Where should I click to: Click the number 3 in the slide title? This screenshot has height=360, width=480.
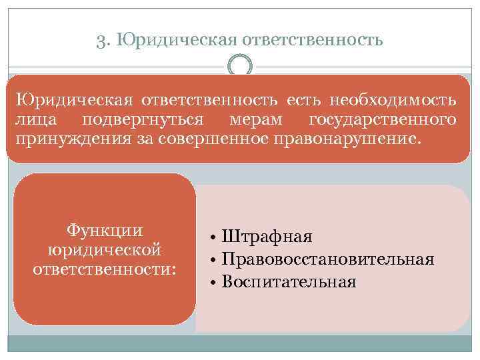[101, 41]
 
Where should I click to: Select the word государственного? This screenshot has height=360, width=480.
[383, 121]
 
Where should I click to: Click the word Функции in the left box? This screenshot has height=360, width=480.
[105, 231]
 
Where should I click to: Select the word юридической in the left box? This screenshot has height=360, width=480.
[105, 250]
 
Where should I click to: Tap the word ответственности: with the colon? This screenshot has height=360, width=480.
[105, 269]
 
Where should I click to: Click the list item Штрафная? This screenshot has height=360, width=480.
[267, 237]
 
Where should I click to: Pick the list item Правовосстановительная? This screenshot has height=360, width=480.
[328, 259]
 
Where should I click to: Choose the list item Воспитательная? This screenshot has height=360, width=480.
[289, 281]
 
